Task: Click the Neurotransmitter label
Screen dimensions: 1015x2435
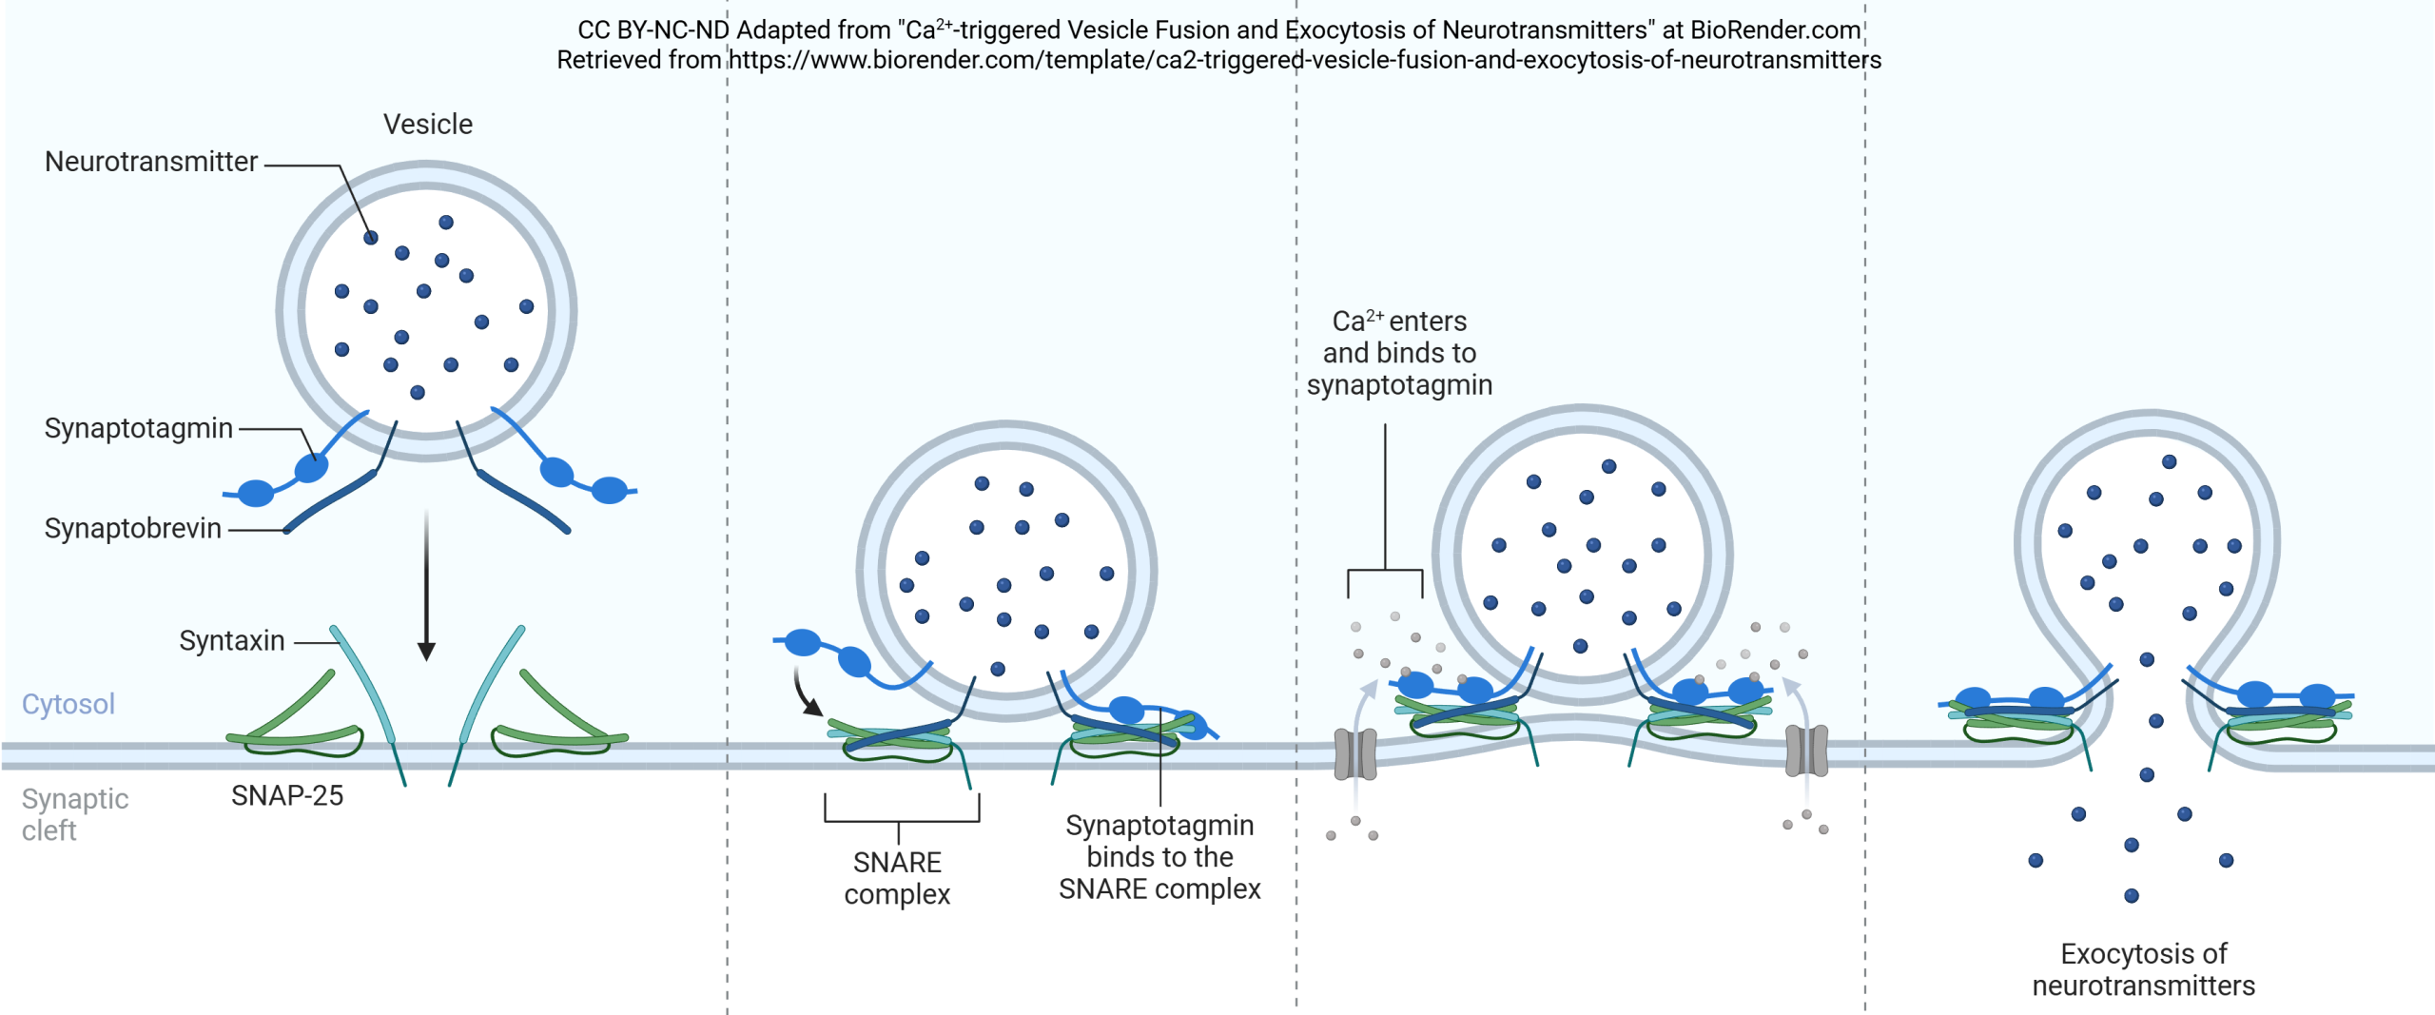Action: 151,163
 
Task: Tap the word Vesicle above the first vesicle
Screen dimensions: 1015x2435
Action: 428,125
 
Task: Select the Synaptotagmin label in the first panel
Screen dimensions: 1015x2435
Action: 139,429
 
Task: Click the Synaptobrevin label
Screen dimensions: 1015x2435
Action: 133,529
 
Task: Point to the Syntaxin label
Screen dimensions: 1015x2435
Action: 232,641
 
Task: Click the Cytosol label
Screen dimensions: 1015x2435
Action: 68,705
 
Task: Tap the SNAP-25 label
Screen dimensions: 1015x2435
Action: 287,796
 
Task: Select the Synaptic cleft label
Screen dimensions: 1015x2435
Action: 74,815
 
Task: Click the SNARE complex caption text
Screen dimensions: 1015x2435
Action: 897,879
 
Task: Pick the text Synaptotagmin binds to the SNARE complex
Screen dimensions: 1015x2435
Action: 1159,858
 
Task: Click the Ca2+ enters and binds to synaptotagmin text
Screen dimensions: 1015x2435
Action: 1399,354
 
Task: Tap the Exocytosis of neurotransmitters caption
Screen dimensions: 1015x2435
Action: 2143,970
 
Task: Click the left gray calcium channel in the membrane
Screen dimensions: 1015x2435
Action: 1355,752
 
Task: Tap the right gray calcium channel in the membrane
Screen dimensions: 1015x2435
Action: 1806,751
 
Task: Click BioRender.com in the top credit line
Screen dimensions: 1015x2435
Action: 1775,30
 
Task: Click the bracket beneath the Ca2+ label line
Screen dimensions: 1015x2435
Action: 1385,573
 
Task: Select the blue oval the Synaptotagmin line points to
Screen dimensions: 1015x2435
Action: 311,467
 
